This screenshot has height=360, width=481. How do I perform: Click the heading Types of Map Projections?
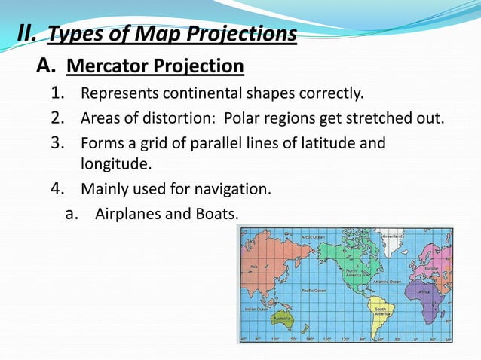173,34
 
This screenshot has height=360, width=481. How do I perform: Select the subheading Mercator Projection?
155,67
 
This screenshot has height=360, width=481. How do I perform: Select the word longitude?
114,162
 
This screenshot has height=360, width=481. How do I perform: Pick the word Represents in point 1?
115,94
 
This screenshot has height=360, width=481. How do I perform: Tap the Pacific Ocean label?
314,290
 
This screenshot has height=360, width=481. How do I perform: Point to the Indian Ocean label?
253,308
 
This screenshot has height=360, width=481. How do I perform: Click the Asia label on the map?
254,266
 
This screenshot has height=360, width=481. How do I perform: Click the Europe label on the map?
431,267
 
